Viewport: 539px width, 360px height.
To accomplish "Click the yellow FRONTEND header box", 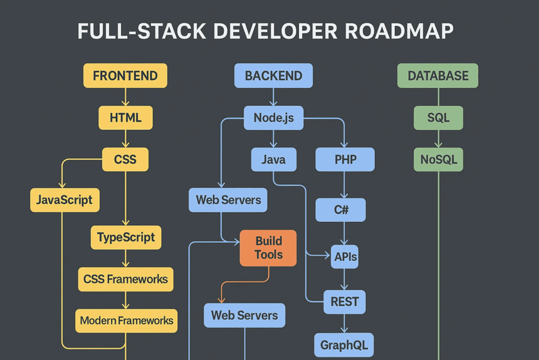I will coord(125,75).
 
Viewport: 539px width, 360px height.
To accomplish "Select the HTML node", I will coord(125,117).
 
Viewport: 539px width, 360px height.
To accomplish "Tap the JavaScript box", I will coord(65,200).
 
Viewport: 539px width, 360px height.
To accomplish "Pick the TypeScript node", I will coord(126,238).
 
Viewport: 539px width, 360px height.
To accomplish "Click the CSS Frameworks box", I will coord(125,279).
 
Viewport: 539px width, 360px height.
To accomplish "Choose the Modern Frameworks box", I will coord(126,320).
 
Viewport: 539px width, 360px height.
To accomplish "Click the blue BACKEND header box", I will coord(273,75).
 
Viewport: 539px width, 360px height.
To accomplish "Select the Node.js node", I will coord(273,117).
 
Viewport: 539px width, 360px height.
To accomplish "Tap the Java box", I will coord(273,159).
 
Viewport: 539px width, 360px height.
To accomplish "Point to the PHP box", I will coord(345,159).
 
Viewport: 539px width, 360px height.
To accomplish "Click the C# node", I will coord(342,210).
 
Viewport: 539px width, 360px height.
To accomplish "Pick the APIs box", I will coord(345,257).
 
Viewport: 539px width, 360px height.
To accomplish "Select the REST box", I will coord(345,302).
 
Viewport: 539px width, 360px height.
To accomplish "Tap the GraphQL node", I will coord(343,344).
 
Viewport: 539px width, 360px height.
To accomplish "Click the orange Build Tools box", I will coord(268,248).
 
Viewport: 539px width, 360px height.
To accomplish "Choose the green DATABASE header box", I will coord(437,75).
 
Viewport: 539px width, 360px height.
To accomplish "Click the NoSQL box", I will coord(438,159).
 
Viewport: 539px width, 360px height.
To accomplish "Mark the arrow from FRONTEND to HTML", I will coord(125,97).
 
